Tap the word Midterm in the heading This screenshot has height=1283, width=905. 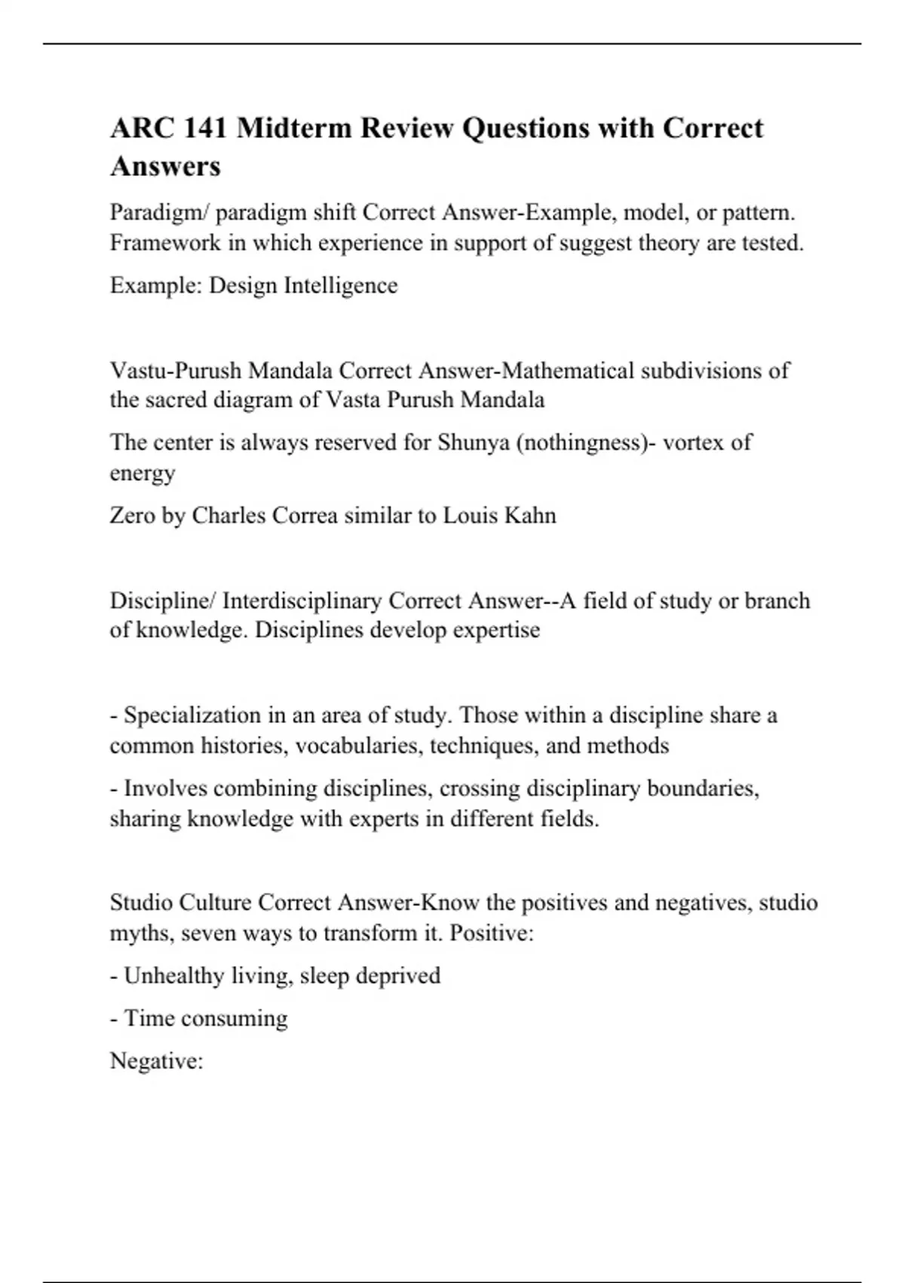[294, 128]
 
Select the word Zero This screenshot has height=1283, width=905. [132, 515]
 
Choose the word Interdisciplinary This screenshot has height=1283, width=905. [302, 601]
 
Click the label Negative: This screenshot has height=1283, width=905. [156, 1061]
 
